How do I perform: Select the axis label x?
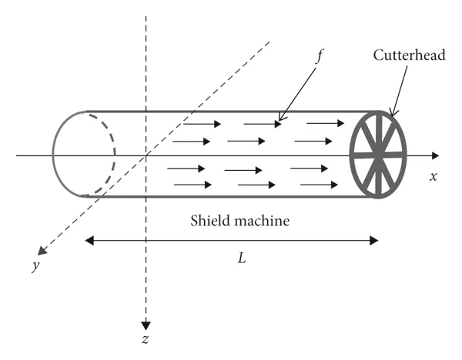[x=434, y=176]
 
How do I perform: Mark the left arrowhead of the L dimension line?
[x=89, y=240]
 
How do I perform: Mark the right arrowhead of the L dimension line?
[x=375, y=240]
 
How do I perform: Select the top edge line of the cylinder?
[x=231, y=112]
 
